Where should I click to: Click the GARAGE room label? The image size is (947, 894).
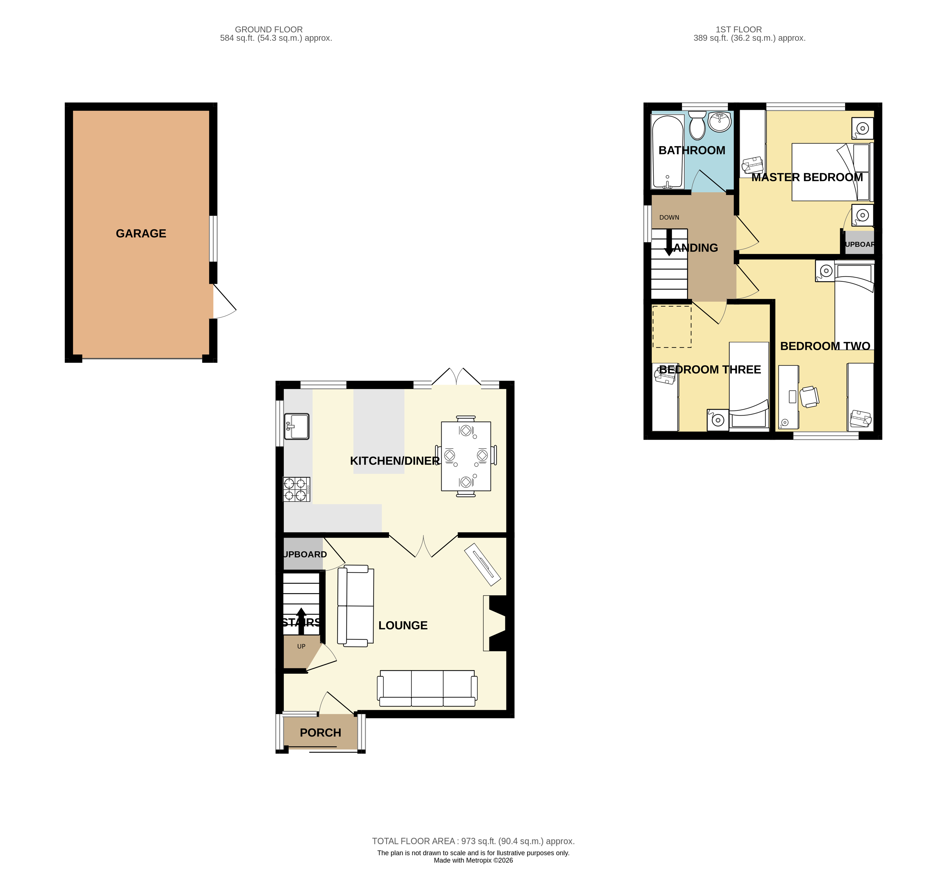coord(141,234)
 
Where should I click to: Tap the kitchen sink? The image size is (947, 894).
coord(296,426)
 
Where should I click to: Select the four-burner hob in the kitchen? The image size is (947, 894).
coord(296,490)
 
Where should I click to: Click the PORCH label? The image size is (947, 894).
coord(320,733)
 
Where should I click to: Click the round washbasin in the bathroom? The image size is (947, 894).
coord(719,122)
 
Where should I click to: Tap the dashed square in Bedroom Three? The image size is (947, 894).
coord(671,327)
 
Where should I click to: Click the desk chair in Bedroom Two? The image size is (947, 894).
coord(809,396)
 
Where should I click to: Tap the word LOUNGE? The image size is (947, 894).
coord(403,625)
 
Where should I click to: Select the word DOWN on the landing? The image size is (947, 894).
coord(669,217)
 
